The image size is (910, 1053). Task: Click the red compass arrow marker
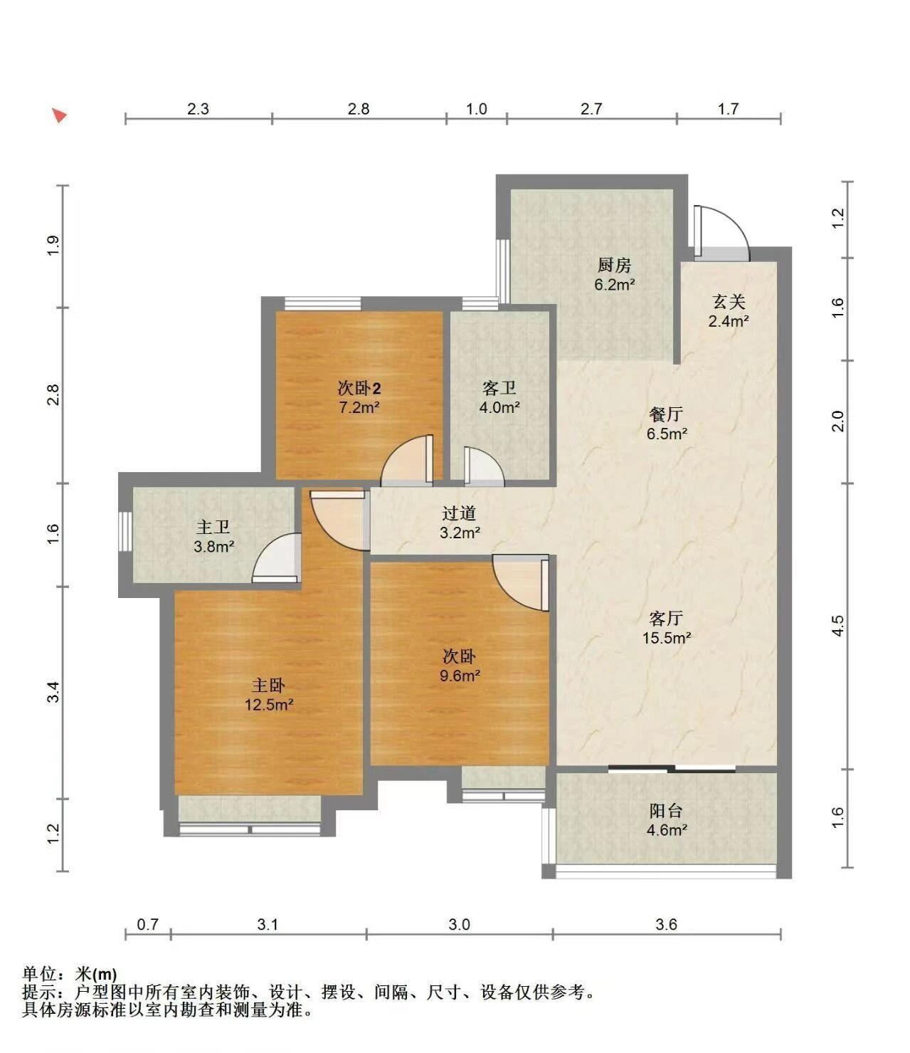click(60, 115)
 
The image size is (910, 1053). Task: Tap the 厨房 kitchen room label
click(614, 266)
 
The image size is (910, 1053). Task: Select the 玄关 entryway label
click(729, 302)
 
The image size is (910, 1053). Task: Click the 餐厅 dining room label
click(666, 414)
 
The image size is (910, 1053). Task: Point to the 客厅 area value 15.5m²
click(666, 637)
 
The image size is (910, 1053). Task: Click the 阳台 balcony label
click(666, 810)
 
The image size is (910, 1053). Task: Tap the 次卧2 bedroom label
click(359, 389)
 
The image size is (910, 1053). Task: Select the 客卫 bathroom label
click(499, 388)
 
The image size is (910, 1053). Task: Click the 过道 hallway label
click(459, 513)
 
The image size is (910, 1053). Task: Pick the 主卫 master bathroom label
click(213, 527)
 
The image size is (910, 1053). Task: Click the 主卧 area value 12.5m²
click(268, 705)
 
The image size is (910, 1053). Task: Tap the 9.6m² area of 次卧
click(460, 676)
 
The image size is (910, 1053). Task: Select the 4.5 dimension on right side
click(837, 625)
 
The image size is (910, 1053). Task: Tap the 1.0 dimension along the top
click(477, 108)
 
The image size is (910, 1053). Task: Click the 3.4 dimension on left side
click(53, 692)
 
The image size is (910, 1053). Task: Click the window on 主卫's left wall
click(125, 531)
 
